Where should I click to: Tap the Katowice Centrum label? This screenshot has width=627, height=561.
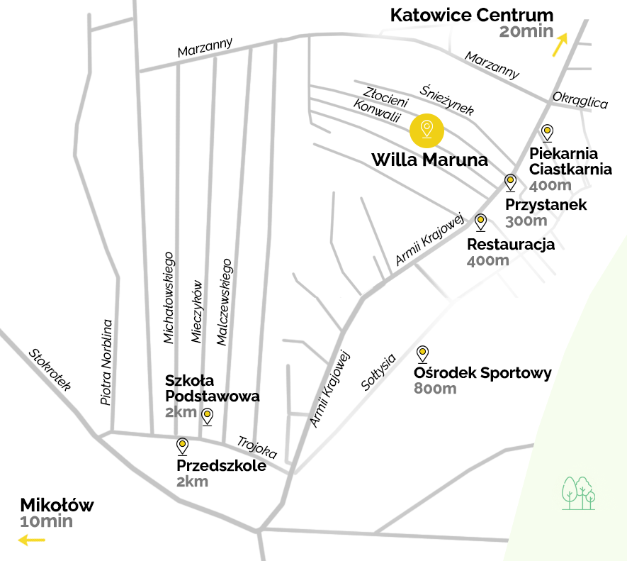(x=472, y=15)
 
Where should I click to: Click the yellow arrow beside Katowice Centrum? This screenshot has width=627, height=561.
(x=560, y=44)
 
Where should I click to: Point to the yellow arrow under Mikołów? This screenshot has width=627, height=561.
(x=31, y=540)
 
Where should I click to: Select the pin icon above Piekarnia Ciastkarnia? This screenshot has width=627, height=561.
(x=547, y=133)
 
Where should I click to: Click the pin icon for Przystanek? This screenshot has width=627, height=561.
(x=509, y=183)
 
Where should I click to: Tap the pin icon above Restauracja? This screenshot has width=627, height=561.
(x=481, y=223)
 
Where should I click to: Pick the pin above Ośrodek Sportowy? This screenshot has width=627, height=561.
(x=423, y=354)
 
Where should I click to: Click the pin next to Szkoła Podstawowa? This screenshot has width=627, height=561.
(x=208, y=416)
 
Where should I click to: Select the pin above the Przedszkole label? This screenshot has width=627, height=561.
(x=182, y=446)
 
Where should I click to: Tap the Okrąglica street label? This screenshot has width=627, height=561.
(x=580, y=100)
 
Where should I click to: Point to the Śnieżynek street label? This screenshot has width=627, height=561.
(x=447, y=99)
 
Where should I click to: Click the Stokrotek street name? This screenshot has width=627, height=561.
(x=50, y=370)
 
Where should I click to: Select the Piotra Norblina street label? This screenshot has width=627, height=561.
(x=106, y=362)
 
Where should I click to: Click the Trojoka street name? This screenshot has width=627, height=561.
(x=256, y=447)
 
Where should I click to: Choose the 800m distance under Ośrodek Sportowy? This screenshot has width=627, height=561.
(x=435, y=389)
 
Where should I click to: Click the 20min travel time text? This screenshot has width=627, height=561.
(x=525, y=32)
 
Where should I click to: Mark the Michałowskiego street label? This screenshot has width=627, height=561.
(x=168, y=297)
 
